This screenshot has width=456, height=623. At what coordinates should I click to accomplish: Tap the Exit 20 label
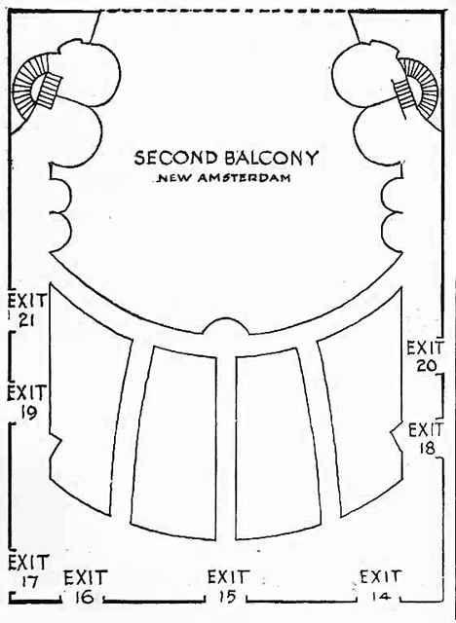coord(425,357)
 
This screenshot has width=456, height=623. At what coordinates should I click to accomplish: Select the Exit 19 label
coord(27,402)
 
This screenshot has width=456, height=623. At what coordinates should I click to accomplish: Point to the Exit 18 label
coord(426,439)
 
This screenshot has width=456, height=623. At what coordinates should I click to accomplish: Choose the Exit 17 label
coord(28,571)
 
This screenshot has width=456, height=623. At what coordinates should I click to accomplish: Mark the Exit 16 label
coord(86,586)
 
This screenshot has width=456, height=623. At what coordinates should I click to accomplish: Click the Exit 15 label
coord(229,586)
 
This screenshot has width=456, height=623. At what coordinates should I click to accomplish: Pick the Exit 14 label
coord(380,586)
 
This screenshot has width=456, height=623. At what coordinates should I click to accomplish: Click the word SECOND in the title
coord(175,158)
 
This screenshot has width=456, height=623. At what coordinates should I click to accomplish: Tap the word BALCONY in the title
coord(272,158)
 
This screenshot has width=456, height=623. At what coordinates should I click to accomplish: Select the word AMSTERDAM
coord(244,178)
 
